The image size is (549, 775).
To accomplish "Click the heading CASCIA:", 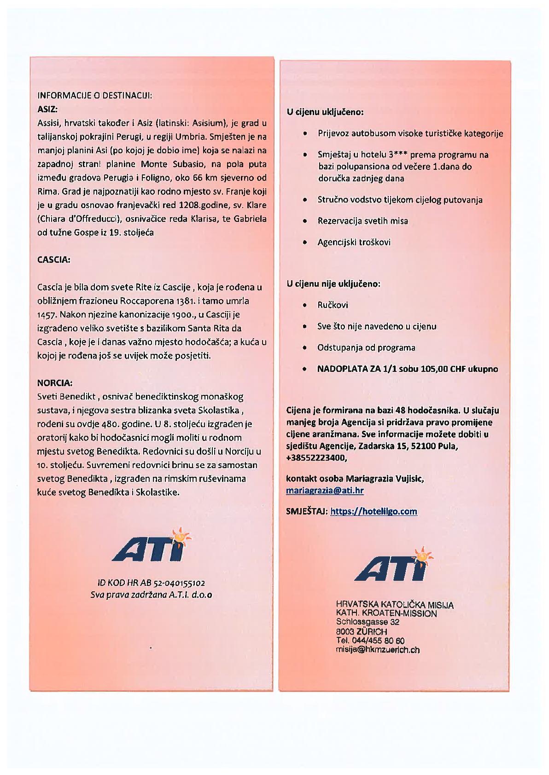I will (x=53, y=260).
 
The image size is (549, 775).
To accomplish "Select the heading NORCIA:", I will (x=54, y=383).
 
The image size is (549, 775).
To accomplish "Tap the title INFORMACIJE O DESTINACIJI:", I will (x=94, y=96).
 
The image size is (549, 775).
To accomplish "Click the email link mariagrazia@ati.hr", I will (x=325, y=491).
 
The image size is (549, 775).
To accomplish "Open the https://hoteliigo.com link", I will (x=374, y=511).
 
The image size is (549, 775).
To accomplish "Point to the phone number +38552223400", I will (x=316, y=458).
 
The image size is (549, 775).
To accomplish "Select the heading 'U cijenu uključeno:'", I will (x=325, y=112).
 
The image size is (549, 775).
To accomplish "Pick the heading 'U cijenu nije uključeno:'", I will (x=333, y=284).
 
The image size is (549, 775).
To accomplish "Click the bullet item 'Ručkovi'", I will (x=333, y=305).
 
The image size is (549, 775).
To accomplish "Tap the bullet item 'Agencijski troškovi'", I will (x=354, y=242).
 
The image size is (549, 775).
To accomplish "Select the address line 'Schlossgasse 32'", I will (x=368, y=622).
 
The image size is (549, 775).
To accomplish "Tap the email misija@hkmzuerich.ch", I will (x=378, y=650).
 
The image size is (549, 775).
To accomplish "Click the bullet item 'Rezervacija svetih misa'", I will (x=362, y=221).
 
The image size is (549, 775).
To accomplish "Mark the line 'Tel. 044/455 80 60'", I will (x=370, y=641).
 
